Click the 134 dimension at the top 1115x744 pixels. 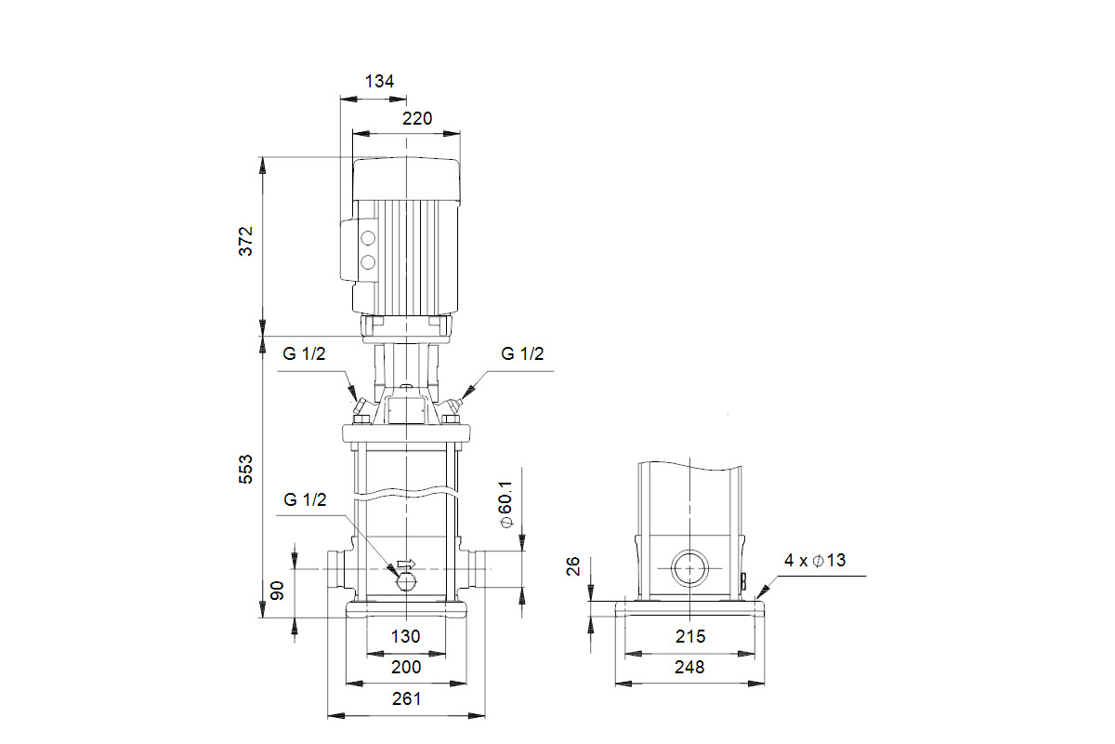(x=379, y=81)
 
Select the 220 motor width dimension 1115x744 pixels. (x=417, y=119)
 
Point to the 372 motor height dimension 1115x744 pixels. (x=246, y=241)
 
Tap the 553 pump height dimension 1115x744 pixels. (x=246, y=469)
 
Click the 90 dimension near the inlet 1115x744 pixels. (x=277, y=591)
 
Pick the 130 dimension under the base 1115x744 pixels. (x=405, y=636)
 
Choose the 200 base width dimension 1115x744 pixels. (x=406, y=667)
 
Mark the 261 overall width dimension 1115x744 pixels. (x=406, y=699)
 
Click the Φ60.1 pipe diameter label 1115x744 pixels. (x=505, y=504)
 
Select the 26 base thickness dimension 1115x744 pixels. (x=573, y=566)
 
